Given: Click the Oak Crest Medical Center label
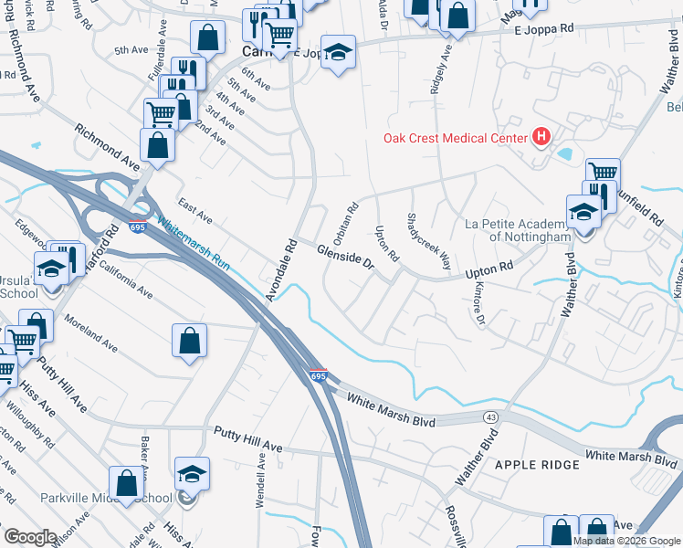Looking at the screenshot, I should coord(454,139).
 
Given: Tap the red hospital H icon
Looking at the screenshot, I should coord(541,138).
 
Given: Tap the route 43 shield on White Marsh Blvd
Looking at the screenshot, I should coord(492,417).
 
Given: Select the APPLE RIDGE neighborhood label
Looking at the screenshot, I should coord(537,465).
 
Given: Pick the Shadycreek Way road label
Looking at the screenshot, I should coord(428,242).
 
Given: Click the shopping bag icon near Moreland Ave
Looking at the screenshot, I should coord(188,341).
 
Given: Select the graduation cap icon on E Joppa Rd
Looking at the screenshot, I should coord(338,52).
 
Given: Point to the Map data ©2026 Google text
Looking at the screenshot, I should coord(625,541).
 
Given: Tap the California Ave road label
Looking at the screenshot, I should coord(125,279).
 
